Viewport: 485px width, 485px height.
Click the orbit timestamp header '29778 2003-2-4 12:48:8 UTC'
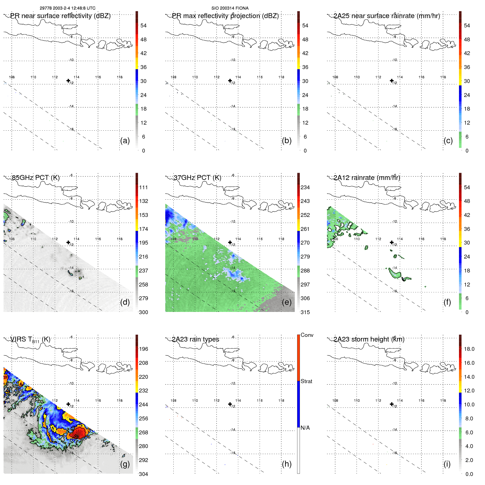tap(67, 8)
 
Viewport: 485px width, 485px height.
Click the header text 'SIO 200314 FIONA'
tap(230, 8)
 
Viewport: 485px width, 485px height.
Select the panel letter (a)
tap(125, 141)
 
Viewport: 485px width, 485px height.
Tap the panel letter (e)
tap(286, 302)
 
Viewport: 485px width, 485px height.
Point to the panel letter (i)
tap(447, 464)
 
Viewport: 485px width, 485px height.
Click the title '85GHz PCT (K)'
tap(36, 178)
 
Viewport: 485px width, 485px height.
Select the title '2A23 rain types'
tap(196, 339)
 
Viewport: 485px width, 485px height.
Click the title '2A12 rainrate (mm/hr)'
tap(367, 178)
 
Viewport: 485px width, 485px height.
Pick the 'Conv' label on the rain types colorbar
tap(307, 335)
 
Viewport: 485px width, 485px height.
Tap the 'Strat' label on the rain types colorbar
tap(306, 381)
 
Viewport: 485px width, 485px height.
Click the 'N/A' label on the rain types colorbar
tap(305, 428)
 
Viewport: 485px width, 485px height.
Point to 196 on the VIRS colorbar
tap(144, 349)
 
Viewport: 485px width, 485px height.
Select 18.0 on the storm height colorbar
tap(469, 349)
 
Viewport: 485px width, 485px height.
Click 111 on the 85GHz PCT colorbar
tap(144, 187)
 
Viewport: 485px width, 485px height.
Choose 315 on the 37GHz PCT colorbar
tap(305, 312)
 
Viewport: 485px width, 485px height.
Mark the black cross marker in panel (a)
tap(68, 81)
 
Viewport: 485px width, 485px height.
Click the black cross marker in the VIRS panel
tap(68, 404)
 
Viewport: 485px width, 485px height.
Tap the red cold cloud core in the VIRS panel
tap(78, 433)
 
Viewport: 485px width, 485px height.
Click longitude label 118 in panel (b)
tap(281, 77)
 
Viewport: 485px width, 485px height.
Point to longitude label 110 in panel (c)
tap(357, 77)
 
